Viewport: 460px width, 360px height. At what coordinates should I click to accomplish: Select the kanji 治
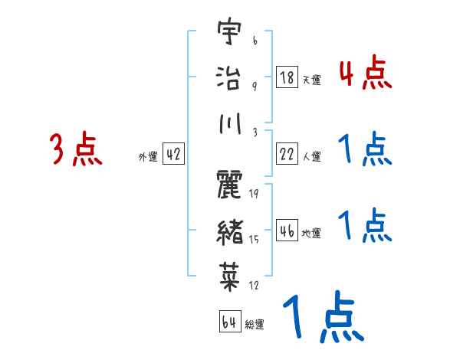tap(228, 77)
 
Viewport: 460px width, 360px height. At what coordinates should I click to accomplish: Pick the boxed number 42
tap(173, 155)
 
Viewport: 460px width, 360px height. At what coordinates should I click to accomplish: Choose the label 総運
tap(254, 324)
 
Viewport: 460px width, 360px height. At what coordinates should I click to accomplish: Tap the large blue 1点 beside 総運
tap(322, 318)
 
